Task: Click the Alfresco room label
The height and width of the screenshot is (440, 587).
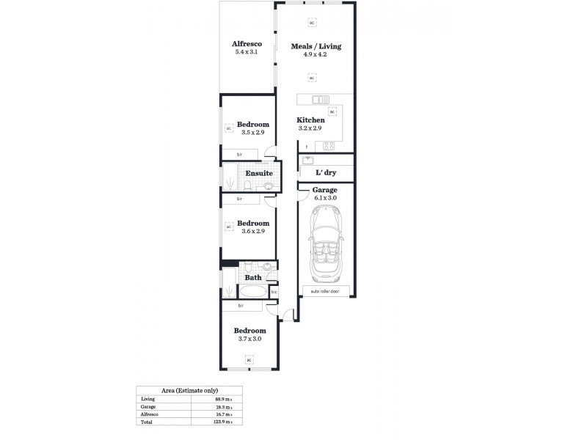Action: pos(247,44)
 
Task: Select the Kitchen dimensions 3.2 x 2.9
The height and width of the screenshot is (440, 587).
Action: pos(310,128)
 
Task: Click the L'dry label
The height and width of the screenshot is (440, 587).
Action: pos(325,172)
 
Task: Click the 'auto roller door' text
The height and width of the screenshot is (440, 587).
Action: pos(324,291)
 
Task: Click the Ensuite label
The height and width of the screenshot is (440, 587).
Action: pos(259,174)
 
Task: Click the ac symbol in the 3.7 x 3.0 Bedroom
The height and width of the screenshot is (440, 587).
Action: pos(249,359)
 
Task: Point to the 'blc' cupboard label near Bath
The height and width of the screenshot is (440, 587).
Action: pos(274,292)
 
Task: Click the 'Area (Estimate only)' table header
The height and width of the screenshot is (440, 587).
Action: pos(189,390)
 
